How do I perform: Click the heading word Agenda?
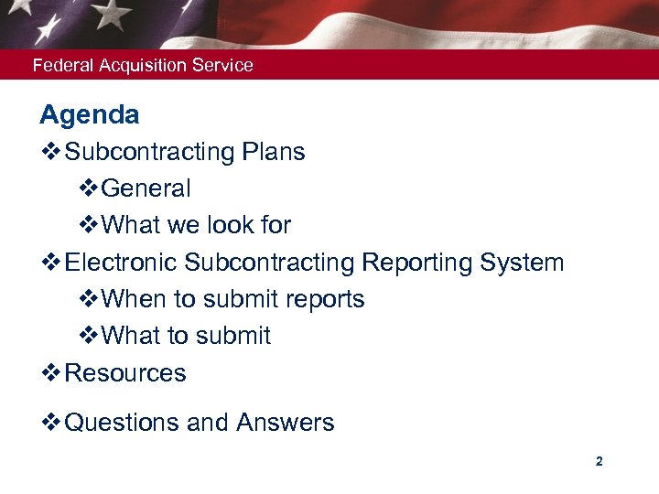pos(90,115)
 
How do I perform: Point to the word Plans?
pos(274,152)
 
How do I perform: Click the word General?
pos(146,188)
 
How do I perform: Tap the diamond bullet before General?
pos(89,188)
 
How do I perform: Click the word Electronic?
pos(122,263)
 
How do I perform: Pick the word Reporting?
pos(416,263)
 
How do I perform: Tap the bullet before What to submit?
pos(89,336)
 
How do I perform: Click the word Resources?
pos(125,373)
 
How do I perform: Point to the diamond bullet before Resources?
pos(50,373)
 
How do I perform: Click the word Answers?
pos(285,423)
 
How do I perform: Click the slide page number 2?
pos(599,462)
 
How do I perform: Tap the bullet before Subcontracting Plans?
pos(50,152)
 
